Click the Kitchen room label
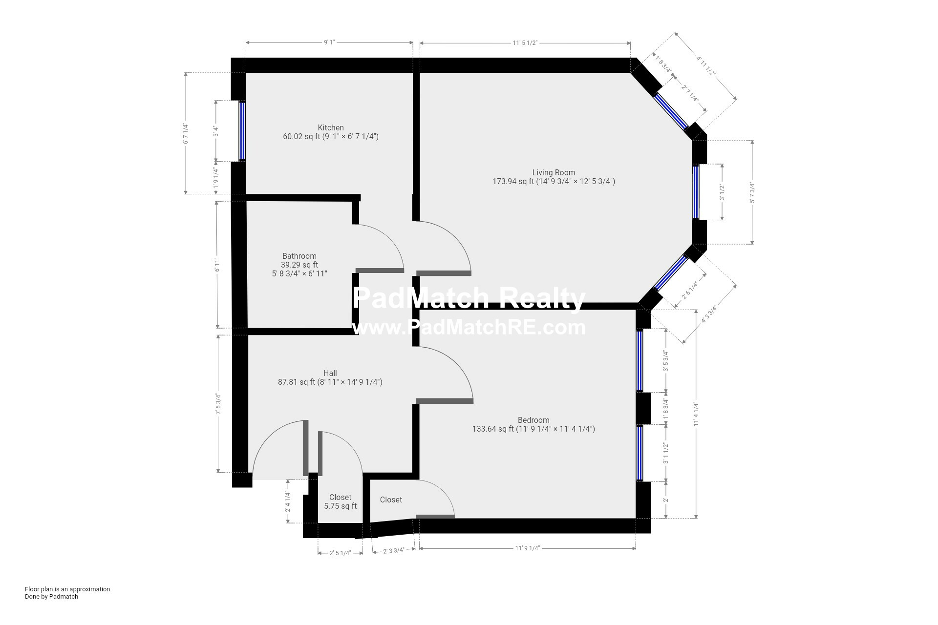pyautogui.click(x=331, y=128)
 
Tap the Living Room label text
pyautogui.click(x=554, y=172)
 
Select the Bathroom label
pyautogui.click(x=299, y=256)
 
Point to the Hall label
pyautogui.click(x=330, y=374)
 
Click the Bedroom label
pyautogui.click(x=533, y=420)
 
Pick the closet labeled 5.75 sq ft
pyautogui.click(x=340, y=502)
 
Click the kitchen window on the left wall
pyautogui.click(x=242, y=131)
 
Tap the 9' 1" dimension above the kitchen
pyautogui.click(x=329, y=42)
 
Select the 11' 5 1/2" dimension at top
pyautogui.click(x=525, y=42)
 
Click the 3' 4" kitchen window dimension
pyautogui.click(x=215, y=131)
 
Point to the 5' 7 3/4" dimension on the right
pyautogui.click(x=752, y=192)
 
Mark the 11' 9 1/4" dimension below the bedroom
pyautogui.click(x=528, y=548)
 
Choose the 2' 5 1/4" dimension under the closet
pyautogui.click(x=340, y=553)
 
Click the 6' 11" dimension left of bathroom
pyautogui.click(x=217, y=264)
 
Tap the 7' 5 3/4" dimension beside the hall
pyautogui.click(x=218, y=404)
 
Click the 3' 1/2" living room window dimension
pyautogui.click(x=722, y=192)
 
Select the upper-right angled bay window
pyautogui.click(x=671, y=110)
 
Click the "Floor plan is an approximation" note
pyautogui.click(x=67, y=589)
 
